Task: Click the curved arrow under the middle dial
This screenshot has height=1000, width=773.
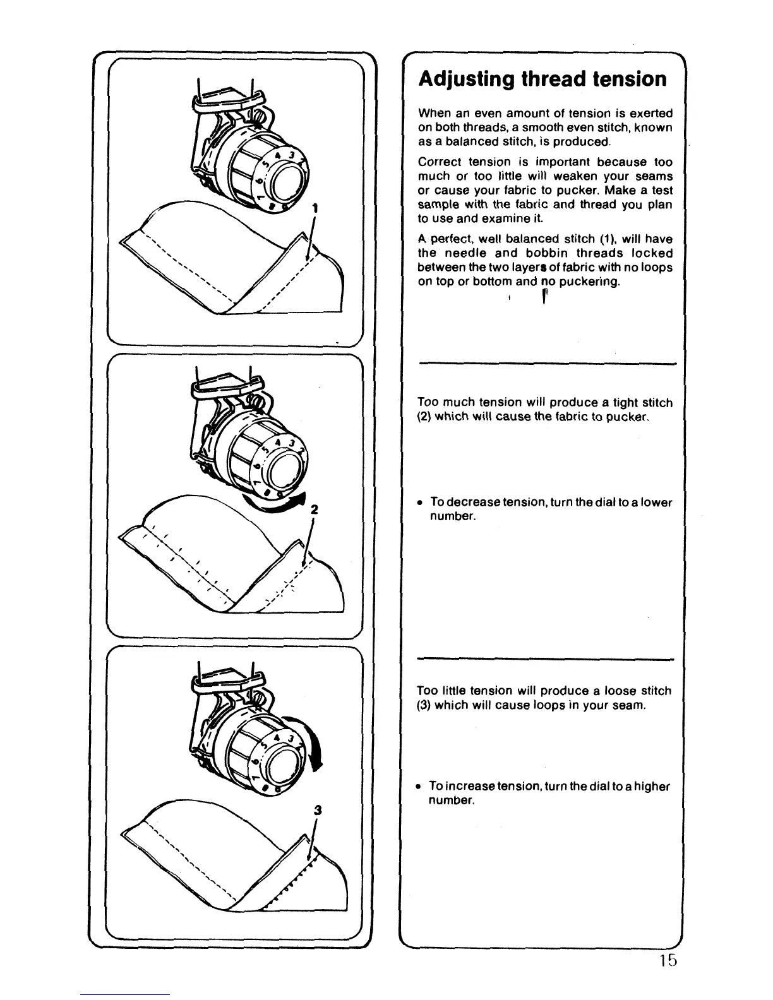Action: point(284,503)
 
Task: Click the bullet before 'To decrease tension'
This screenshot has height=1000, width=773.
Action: point(420,503)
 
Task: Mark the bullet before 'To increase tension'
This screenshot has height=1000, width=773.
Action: point(419,787)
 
